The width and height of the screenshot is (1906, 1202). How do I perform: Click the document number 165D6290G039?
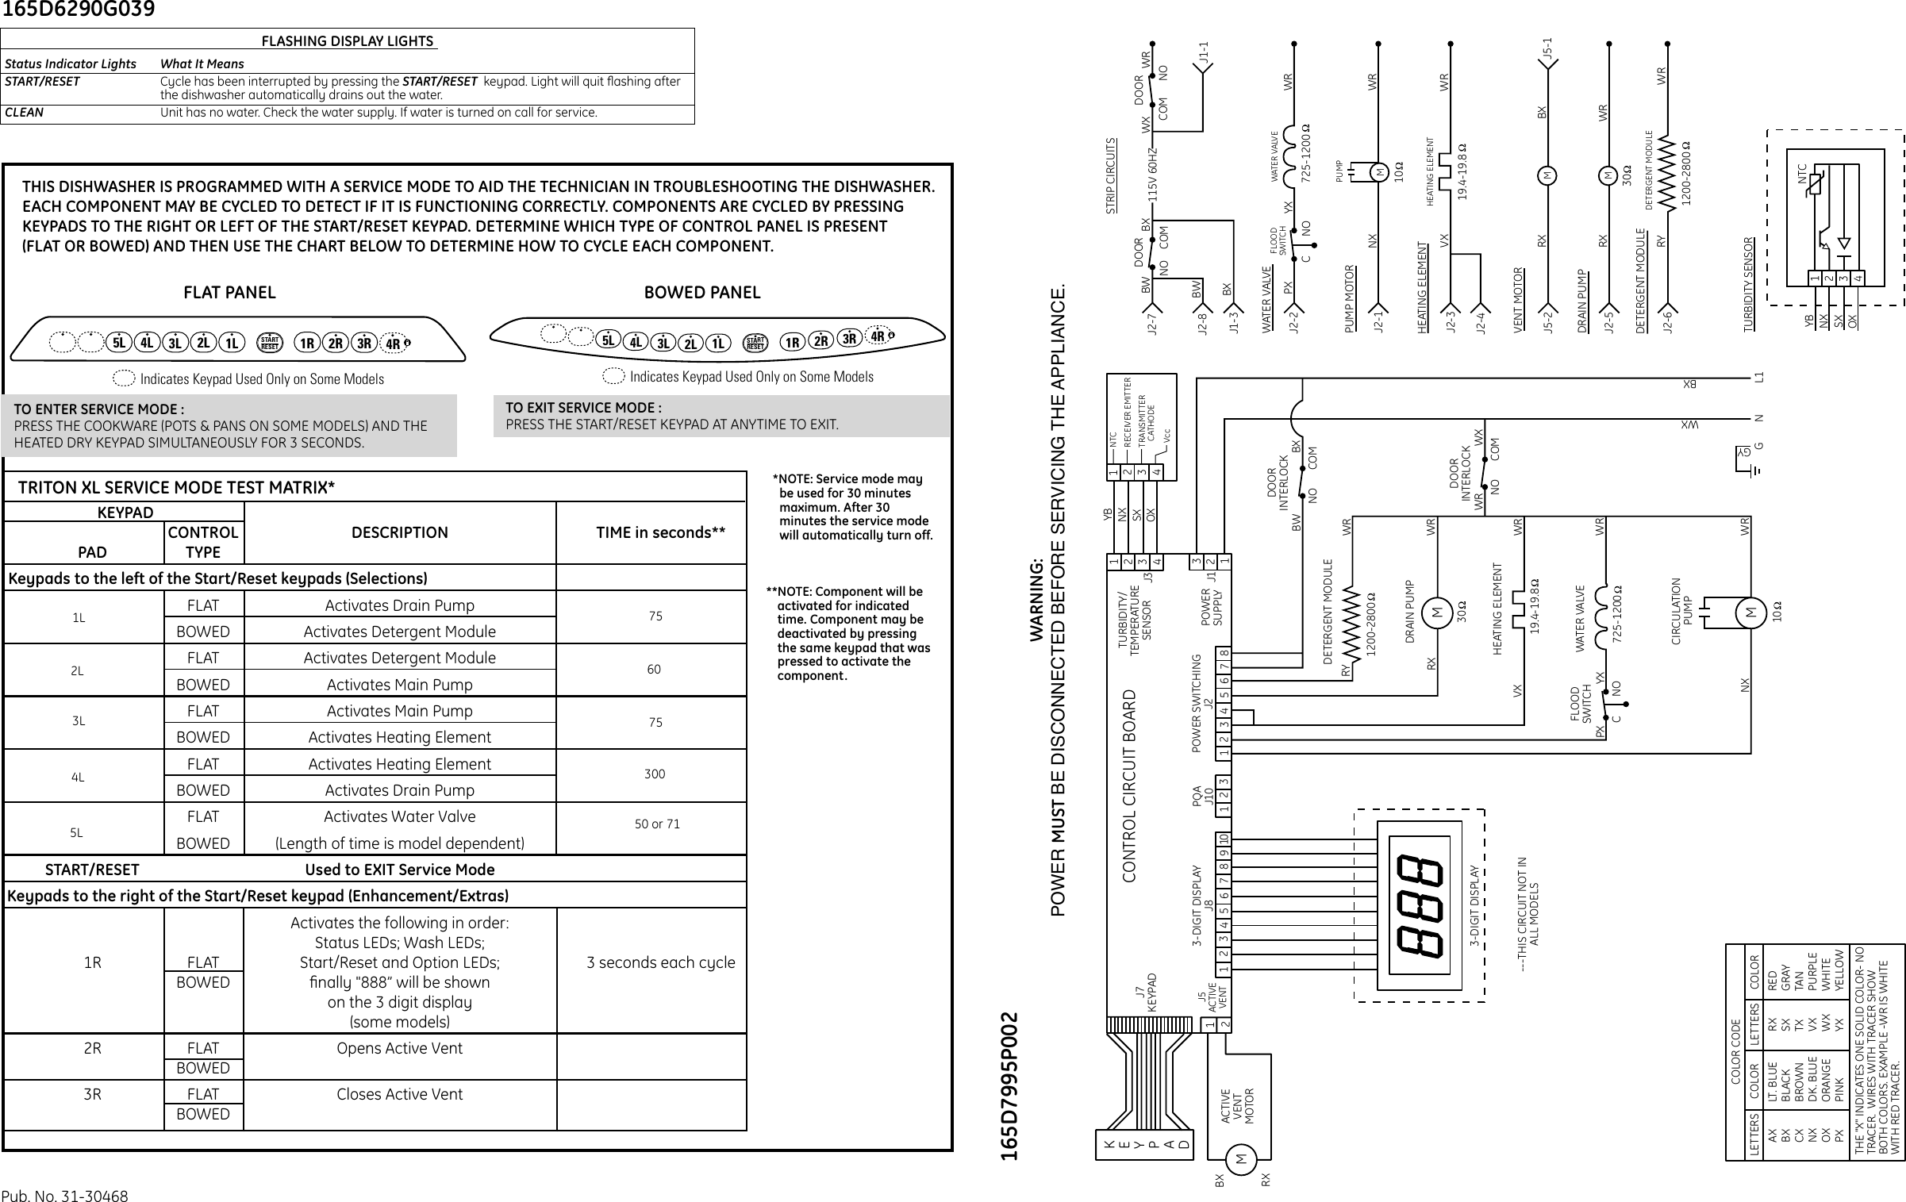pyautogui.click(x=77, y=10)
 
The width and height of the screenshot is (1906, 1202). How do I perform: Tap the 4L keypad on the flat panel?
pyautogui.click(x=147, y=344)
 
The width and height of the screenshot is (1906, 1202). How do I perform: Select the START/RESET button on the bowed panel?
pyautogui.click(x=755, y=343)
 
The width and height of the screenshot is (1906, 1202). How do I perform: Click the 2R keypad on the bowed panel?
pyautogui.click(x=820, y=342)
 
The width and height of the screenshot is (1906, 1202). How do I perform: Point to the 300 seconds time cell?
pyautogui.click(x=654, y=774)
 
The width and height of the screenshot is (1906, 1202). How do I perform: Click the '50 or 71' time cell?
pyautogui.click(x=656, y=824)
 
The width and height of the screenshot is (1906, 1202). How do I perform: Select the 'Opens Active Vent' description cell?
pyautogui.click(x=399, y=1048)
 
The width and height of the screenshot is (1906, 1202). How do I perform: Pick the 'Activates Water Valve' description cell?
pyautogui.click(x=399, y=816)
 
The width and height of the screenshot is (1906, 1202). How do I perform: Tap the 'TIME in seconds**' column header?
pyautogui.click(x=660, y=532)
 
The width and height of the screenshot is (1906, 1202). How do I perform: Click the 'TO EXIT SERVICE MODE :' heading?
pyautogui.click(x=583, y=408)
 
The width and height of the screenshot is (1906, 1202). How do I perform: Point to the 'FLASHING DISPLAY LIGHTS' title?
pyautogui.click(x=348, y=41)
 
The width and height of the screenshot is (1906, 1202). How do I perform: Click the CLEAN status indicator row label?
pyautogui.click(x=25, y=113)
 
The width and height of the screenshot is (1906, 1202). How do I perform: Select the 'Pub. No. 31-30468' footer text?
pyautogui.click(x=64, y=1196)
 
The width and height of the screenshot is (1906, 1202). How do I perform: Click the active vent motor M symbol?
pyautogui.click(x=1241, y=1160)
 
